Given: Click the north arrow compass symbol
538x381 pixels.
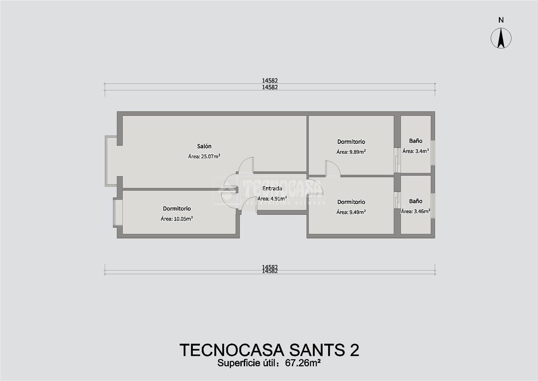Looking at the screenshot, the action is pyautogui.click(x=501, y=38).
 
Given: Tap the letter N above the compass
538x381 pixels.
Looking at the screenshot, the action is pyautogui.click(x=501, y=20).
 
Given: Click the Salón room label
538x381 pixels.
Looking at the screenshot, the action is pyautogui.click(x=204, y=146).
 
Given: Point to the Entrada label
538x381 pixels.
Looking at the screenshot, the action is pyautogui.click(x=272, y=188).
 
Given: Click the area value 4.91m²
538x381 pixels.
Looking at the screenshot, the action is pyautogui.click(x=278, y=199).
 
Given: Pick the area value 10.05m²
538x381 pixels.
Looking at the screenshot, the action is pyautogui.click(x=183, y=219).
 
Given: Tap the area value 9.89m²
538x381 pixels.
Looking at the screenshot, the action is pyautogui.click(x=357, y=152).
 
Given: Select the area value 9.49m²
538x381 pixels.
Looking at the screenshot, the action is pyautogui.click(x=357, y=212).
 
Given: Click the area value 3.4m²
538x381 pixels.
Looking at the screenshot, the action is pyautogui.click(x=422, y=151).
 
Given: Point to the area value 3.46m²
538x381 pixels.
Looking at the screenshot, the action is pyautogui.click(x=422, y=211).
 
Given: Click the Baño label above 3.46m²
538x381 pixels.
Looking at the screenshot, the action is pyautogui.click(x=416, y=201).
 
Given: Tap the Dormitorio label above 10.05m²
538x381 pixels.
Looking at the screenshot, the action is pyautogui.click(x=177, y=208).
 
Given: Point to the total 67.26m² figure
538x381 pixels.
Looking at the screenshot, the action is pyautogui.click(x=303, y=363).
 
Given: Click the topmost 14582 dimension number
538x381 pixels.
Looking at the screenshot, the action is pyautogui.click(x=270, y=80).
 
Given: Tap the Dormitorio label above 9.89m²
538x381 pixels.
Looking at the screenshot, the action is pyautogui.click(x=351, y=142).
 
